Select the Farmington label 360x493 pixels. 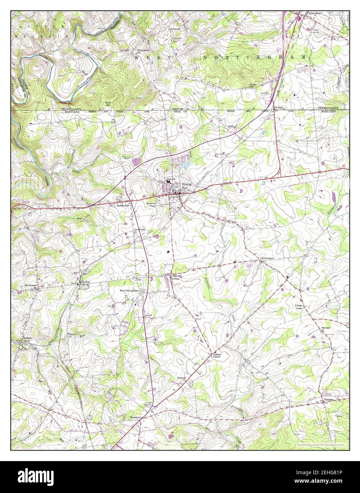pyautogui.click(x=267, y=258)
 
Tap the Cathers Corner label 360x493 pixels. pyautogui.click(x=217, y=355)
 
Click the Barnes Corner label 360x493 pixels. pyautogui.click(x=176, y=277)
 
